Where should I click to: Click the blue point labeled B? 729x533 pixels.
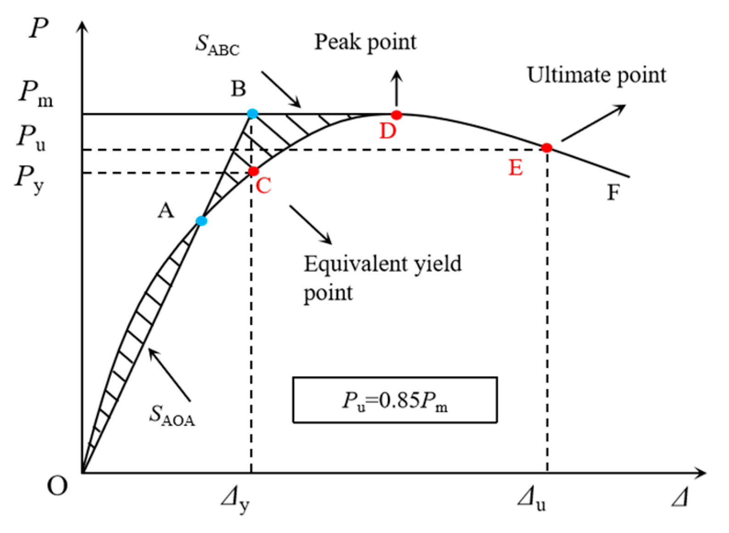(x=252, y=114)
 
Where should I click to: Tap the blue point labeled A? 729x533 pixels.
(x=201, y=221)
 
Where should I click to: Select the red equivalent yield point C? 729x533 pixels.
(x=253, y=171)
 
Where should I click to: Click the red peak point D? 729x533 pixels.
(x=396, y=115)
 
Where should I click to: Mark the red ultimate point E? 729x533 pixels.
(x=546, y=148)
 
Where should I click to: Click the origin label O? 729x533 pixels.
(x=57, y=487)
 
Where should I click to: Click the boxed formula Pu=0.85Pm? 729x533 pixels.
(x=395, y=400)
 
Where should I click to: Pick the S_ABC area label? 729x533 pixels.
(x=217, y=45)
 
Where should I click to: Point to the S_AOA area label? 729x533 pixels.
(x=172, y=415)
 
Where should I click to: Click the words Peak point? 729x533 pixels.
(x=365, y=42)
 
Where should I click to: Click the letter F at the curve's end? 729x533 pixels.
(x=613, y=192)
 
